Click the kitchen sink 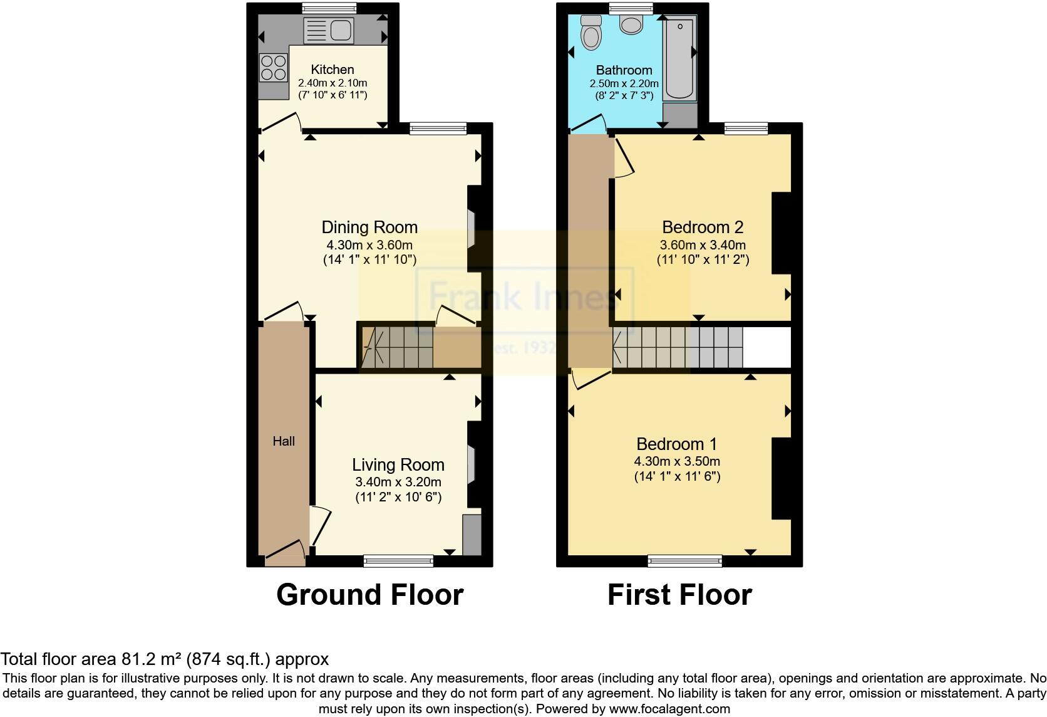tap(328, 30)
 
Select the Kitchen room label tap(333, 70)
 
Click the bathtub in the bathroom tap(680, 58)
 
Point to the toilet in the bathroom tap(590, 33)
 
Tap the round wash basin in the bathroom tap(631, 24)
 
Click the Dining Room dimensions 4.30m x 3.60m tap(369, 245)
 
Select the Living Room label tap(398, 464)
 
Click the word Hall tap(284, 441)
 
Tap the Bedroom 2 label tap(703, 227)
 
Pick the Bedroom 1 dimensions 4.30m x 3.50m tap(677, 461)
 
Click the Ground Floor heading tap(369, 595)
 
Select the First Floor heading tap(679, 595)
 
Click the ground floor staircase tap(397, 347)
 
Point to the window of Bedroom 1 tap(684, 560)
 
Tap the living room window tap(398, 560)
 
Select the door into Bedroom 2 tap(624, 157)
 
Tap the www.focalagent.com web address tap(670, 709)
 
